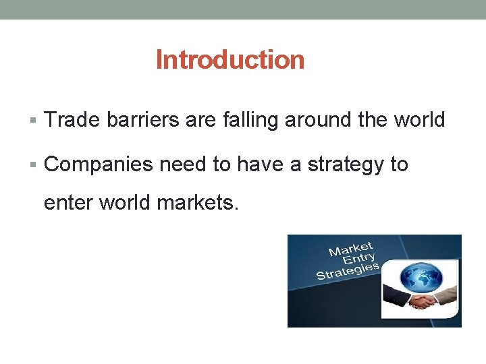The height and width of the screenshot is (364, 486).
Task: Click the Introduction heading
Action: (x=230, y=60)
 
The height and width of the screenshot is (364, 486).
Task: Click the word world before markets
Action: (x=125, y=202)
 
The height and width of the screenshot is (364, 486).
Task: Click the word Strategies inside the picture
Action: (x=347, y=272)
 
